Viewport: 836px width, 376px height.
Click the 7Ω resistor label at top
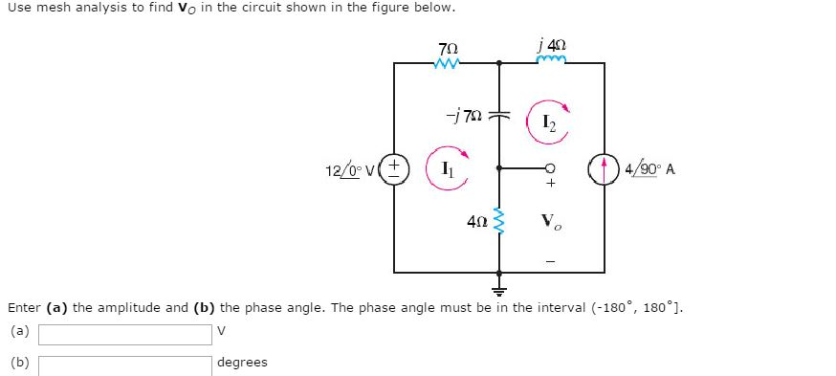(447, 47)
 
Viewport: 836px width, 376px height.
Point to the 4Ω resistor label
(478, 222)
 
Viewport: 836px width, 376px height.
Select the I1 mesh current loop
(447, 168)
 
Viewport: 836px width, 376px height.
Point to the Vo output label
(552, 223)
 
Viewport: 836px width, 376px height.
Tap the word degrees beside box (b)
(243, 363)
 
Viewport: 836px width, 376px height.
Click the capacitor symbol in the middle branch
(498, 115)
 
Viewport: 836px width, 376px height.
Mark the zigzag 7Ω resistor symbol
(447, 64)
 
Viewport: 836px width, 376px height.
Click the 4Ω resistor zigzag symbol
(498, 222)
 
